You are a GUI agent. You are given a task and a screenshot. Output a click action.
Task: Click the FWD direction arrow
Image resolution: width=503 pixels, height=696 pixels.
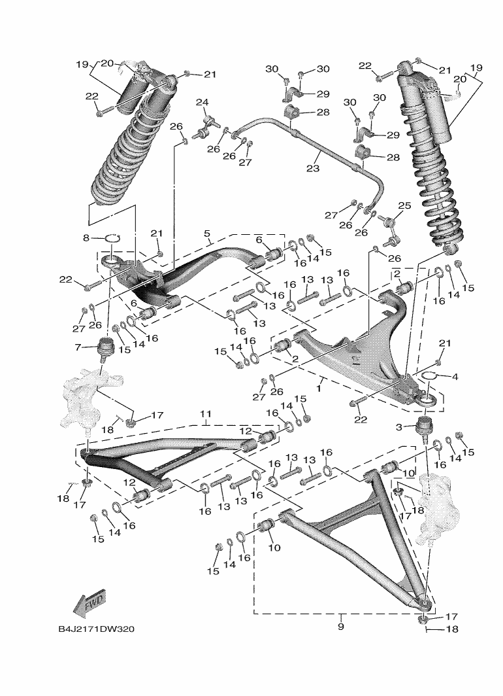pyautogui.click(x=89, y=604)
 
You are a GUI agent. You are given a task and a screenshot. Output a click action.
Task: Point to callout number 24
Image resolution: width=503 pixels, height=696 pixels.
pyautogui.click(x=202, y=102)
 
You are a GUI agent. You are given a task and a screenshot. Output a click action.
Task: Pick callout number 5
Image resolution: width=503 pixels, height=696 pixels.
pyautogui.click(x=207, y=234)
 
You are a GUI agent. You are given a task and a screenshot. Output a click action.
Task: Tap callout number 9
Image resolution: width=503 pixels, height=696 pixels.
pyautogui.click(x=340, y=626)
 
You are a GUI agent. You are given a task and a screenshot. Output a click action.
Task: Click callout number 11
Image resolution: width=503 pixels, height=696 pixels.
pyautogui.click(x=206, y=415)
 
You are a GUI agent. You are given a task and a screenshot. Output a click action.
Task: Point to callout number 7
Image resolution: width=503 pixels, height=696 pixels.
pyautogui.click(x=76, y=347)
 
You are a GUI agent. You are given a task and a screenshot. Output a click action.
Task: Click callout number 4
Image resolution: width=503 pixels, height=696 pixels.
pyautogui.click(x=455, y=377)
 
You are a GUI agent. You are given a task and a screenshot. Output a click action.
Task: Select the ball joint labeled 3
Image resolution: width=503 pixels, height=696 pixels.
pyautogui.click(x=425, y=426)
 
